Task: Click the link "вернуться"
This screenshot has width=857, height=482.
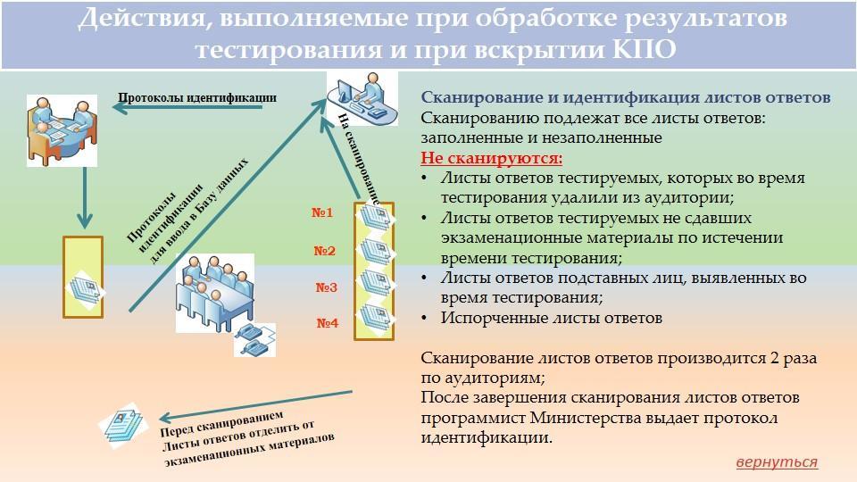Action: pyautogui.click(x=777, y=462)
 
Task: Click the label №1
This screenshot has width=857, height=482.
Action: pyautogui.click(x=322, y=213)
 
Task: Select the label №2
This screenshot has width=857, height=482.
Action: pyautogui.click(x=325, y=251)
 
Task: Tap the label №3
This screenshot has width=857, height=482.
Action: pyautogui.click(x=327, y=287)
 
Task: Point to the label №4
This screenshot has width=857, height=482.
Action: pyautogui.click(x=328, y=323)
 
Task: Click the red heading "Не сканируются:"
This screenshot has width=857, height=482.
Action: pyautogui.click(x=492, y=158)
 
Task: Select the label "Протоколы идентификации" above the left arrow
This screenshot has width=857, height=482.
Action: pyautogui.click(x=197, y=98)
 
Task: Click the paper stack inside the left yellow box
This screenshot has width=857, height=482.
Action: pyautogui.click(x=87, y=287)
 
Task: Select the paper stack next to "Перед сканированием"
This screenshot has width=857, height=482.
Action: pyautogui.click(x=123, y=425)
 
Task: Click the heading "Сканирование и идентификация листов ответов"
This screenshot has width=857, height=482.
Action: pyautogui.click(x=626, y=97)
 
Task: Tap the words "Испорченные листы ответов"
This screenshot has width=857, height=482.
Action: pyautogui.click(x=552, y=318)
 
